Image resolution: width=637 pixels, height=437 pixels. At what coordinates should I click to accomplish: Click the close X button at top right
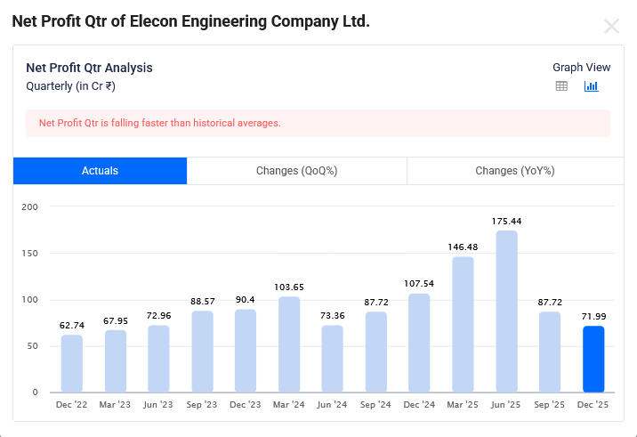coord(611,26)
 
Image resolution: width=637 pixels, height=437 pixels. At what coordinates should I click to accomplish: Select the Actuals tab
coord(100,171)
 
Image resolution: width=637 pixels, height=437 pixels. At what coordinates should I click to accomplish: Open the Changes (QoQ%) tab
coord(296,171)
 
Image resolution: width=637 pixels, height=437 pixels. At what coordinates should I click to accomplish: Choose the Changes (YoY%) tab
coord(514,171)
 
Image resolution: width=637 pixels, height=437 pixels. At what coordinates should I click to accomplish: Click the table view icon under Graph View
coord(561,86)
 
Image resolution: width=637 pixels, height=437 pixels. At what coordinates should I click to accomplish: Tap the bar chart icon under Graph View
coord(591,86)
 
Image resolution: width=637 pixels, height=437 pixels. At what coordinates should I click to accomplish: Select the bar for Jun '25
coord(506,312)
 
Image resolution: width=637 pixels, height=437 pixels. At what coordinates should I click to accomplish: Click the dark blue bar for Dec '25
coord(593,359)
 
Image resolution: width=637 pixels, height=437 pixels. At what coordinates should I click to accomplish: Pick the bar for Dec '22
coord(71,363)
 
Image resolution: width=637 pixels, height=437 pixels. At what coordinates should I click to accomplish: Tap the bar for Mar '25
coord(463,325)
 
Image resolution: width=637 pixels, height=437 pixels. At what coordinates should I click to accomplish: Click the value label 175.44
coord(506,221)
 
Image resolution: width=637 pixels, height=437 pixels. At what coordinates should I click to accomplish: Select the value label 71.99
coord(593,317)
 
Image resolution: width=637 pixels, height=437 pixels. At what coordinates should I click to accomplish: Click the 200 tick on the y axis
coord(29,206)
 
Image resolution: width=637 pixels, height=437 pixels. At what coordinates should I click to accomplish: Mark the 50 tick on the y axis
coord(32,346)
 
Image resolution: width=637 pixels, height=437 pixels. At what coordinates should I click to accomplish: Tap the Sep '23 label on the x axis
coord(202,405)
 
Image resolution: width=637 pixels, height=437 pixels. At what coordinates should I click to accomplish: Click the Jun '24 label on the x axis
coord(333,405)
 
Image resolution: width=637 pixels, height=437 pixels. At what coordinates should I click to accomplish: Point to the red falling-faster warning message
coord(160,123)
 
